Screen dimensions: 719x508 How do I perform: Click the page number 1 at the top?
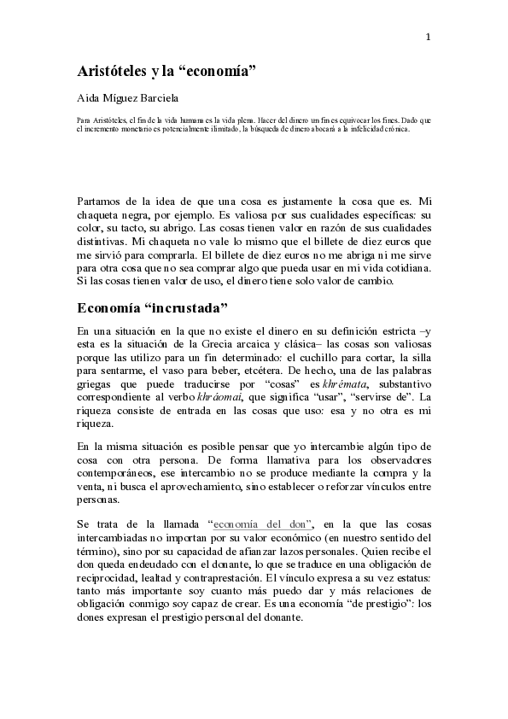428,36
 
